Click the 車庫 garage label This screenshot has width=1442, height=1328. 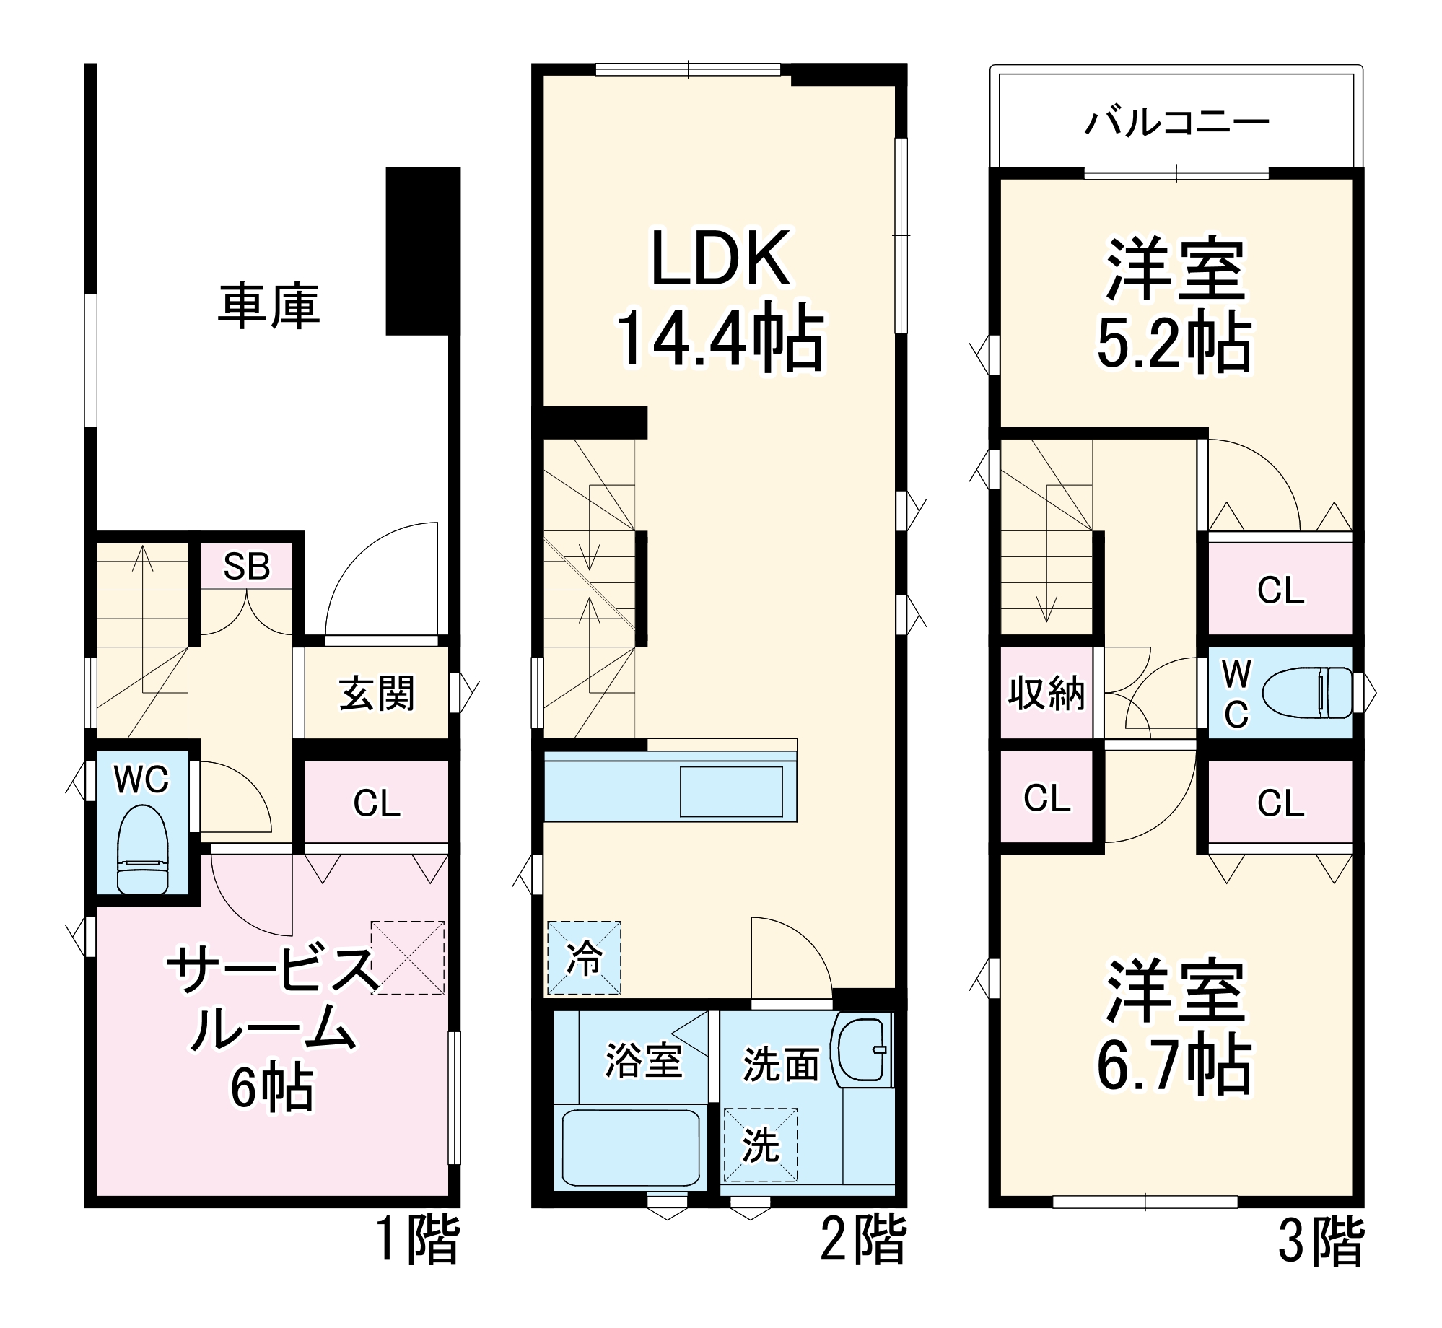click(268, 307)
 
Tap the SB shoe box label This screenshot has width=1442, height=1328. click(246, 567)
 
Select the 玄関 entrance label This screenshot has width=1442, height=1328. click(377, 694)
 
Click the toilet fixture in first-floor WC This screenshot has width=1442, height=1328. click(142, 849)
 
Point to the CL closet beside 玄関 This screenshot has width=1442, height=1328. click(377, 803)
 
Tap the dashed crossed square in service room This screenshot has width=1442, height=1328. click(408, 958)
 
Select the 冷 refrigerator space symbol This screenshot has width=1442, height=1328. click(584, 958)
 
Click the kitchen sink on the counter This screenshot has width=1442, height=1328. click(731, 792)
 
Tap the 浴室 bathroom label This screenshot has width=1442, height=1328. click(643, 1060)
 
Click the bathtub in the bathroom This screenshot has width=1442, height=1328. click(630, 1148)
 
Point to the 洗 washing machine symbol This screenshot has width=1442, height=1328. click(761, 1145)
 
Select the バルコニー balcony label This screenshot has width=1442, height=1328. click(1176, 123)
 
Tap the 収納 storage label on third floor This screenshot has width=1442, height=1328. click(1046, 694)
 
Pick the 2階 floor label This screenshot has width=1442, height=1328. click(862, 1241)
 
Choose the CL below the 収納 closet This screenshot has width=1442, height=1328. click(1046, 798)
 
